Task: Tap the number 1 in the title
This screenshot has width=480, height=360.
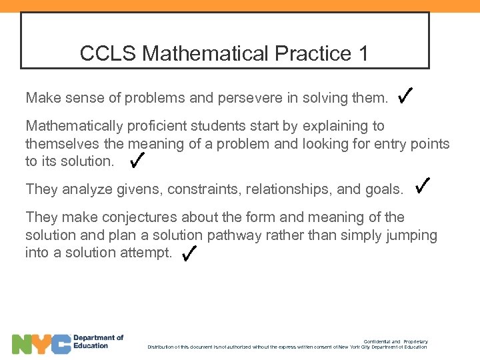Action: coord(363,53)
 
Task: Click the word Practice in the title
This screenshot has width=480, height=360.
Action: coord(310,53)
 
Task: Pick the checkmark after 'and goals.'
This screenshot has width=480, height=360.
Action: coord(423,186)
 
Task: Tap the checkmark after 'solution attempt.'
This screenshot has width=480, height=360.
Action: coord(189,252)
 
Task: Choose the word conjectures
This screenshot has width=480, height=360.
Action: coord(129,217)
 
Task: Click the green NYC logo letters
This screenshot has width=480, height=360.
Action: coord(41,344)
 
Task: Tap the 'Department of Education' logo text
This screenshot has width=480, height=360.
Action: coord(98,341)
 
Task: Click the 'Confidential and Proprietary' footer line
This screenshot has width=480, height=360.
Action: coord(395,342)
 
